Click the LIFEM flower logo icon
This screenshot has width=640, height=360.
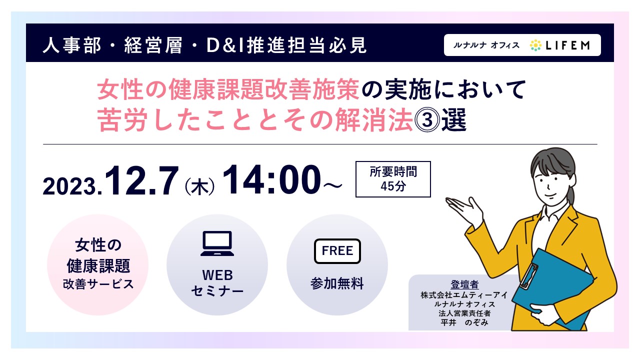click(x=535, y=45)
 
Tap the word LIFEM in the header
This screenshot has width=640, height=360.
click(x=567, y=45)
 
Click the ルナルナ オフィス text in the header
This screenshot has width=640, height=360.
click(x=486, y=45)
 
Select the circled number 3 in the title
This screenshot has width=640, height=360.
click(x=427, y=119)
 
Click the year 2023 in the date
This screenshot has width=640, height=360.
click(x=72, y=186)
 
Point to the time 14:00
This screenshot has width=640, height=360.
click(x=271, y=179)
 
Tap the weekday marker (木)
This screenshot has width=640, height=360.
click(x=199, y=186)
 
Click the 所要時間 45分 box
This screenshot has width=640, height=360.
click(x=393, y=179)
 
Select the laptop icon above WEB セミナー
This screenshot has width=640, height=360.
click(x=217, y=243)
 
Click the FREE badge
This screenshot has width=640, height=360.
click(x=337, y=251)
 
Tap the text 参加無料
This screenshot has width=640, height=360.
click(x=337, y=283)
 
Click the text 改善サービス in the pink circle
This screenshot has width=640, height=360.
click(x=98, y=284)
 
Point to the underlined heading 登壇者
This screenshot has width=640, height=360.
click(x=464, y=284)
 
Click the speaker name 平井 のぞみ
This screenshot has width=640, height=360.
click(x=464, y=322)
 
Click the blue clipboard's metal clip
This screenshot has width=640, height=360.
click(x=528, y=275)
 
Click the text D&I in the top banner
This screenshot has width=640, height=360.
click(x=224, y=45)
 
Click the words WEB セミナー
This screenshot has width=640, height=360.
click(x=217, y=283)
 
